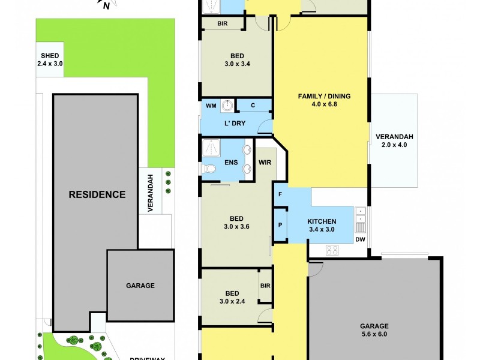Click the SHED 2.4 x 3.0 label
tap(50, 59)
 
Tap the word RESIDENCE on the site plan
tap(97, 194)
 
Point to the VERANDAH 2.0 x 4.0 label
tap(394, 140)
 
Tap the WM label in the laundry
tap(211, 106)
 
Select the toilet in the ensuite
tap(209, 169)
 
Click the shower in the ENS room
tap(211, 148)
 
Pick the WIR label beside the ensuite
tap(265, 162)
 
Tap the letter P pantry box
tap(280, 225)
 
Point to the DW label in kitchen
tap(360, 239)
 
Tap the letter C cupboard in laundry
tap(253, 106)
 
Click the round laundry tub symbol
tap(228, 106)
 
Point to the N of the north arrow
tap(106, 7)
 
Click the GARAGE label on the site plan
tap(140, 286)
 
